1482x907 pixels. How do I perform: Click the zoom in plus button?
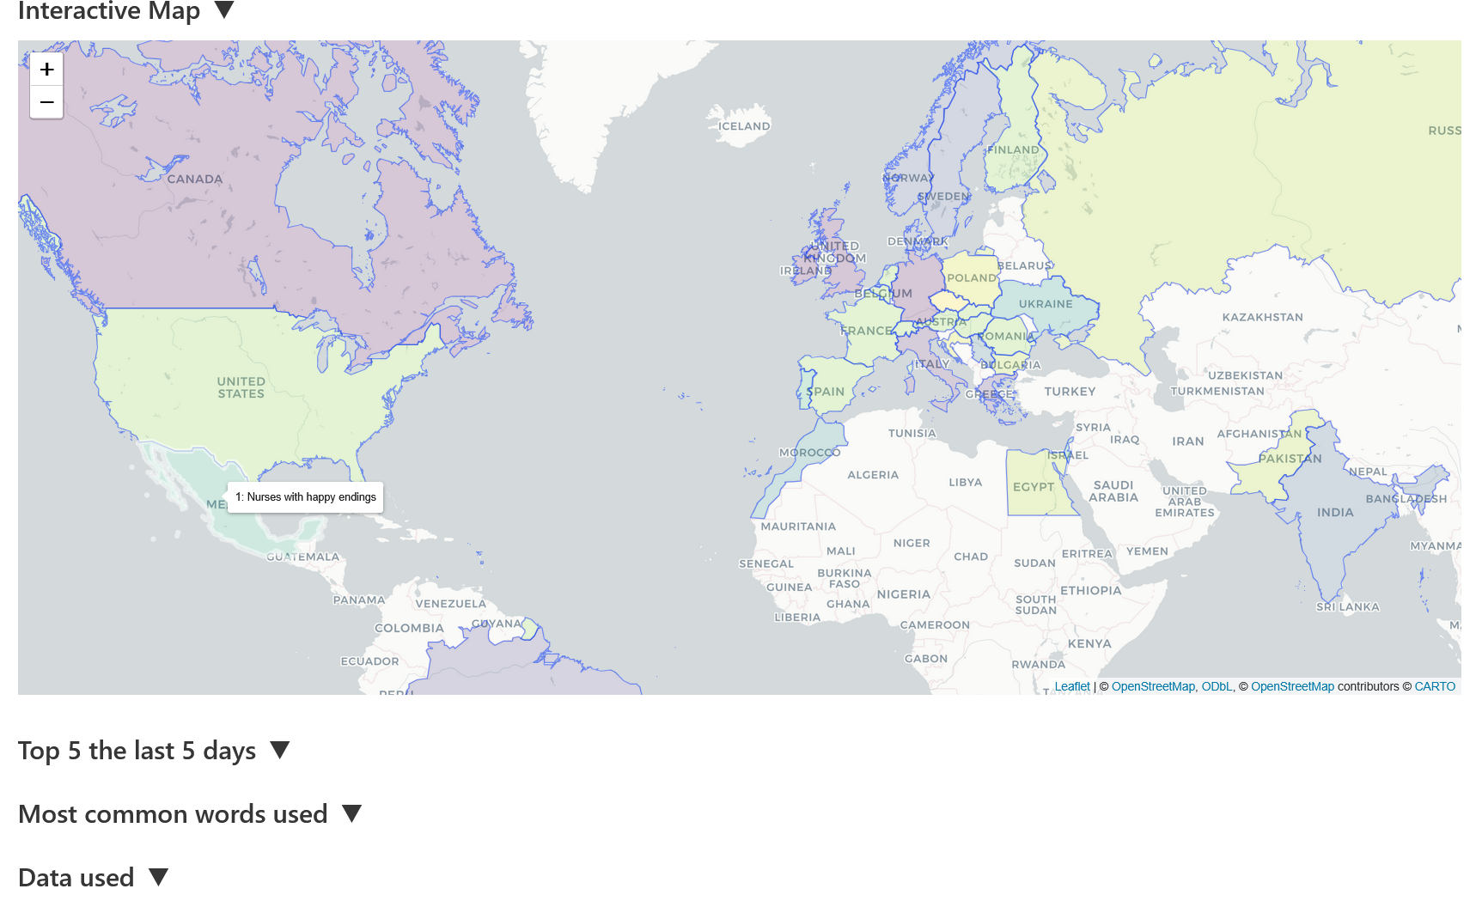pos(47,70)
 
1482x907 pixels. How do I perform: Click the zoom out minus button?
pos(47,102)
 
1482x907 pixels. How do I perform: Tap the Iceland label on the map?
pos(744,126)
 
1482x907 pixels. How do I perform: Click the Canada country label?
pos(195,180)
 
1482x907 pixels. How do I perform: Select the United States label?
pos(241,387)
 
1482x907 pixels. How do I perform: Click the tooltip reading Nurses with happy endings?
pos(306,497)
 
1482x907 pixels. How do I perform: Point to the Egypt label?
pos(1033,487)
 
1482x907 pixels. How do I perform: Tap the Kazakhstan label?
pos(1262,318)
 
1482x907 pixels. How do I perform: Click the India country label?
pos(1334,513)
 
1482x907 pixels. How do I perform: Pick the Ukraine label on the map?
pos(1045,304)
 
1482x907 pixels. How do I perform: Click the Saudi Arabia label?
pos(1113,491)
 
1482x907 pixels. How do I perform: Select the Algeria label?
pos(872,475)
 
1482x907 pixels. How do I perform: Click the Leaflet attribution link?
pos(1071,686)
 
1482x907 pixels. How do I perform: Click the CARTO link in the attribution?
pos(1434,686)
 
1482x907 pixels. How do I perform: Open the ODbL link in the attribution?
pos(1216,686)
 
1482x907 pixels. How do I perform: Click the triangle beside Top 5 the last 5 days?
pos(279,750)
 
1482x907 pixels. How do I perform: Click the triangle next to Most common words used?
pos(351,813)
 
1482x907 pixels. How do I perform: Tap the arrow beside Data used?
pos(158,877)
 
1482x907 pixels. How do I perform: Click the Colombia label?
pos(409,629)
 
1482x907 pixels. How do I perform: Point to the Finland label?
pos(1012,150)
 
